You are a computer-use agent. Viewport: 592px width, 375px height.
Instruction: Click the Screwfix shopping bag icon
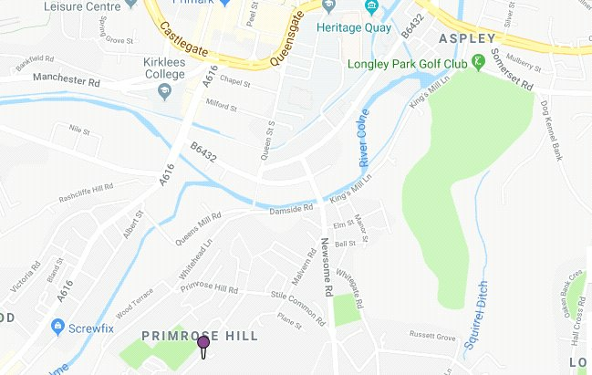click(57, 325)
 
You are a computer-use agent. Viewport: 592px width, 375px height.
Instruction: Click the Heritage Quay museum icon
click(370, 8)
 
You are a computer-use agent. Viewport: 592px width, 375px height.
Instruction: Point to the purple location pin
click(203, 345)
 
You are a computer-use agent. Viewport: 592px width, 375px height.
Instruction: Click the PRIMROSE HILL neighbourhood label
click(200, 336)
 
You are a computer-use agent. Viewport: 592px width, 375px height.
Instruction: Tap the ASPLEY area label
click(467, 39)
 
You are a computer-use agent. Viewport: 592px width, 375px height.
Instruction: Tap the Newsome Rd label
click(326, 265)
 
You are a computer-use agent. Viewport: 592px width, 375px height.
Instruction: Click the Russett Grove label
click(431, 336)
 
